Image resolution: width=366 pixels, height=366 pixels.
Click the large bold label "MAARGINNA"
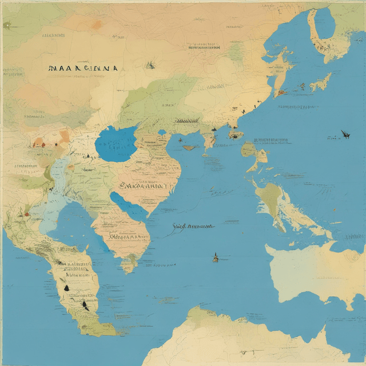(x=83, y=67)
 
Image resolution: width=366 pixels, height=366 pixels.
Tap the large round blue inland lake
(x=117, y=144)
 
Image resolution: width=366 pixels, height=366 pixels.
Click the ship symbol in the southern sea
(x=216, y=258)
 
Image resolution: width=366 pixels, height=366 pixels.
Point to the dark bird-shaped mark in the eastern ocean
(x=345, y=134)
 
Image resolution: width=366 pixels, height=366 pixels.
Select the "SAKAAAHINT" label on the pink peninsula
(x=146, y=185)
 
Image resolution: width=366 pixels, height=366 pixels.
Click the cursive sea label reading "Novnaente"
(x=193, y=226)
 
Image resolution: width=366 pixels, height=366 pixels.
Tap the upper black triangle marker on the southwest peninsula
(x=67, y=288)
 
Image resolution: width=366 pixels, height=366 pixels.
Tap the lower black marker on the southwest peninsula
(x=85, y=304)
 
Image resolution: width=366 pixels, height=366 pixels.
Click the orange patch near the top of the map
(x=96, y=24)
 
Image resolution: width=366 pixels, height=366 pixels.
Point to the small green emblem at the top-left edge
(x=7, y=25)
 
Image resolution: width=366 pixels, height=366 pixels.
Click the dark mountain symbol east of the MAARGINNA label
(x=150, y=65)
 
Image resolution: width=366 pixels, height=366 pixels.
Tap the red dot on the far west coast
(x=26, y=214)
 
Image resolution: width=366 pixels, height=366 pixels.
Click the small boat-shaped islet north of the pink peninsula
(x=190, y=148)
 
